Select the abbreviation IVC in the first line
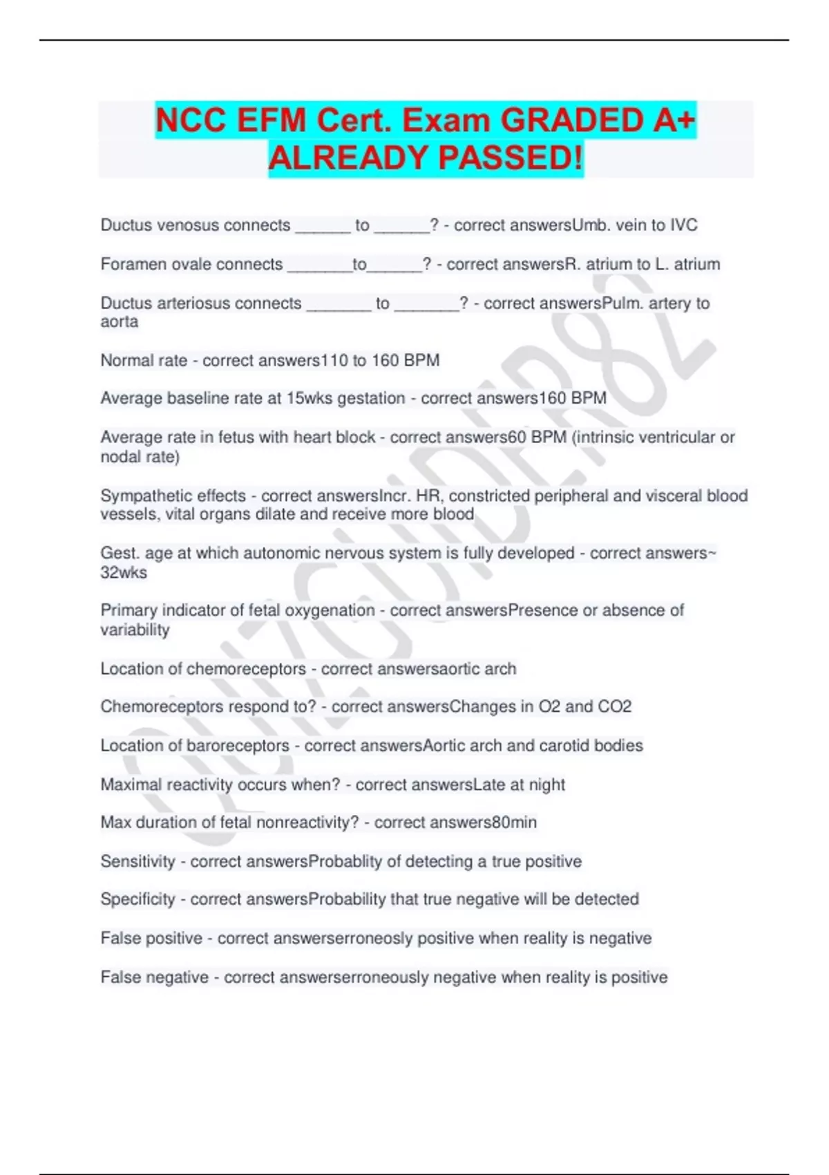click(683, 225)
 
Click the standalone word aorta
click(119, 322)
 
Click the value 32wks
click(124, 572)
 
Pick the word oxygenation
click(330, 610)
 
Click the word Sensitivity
click(138, 861)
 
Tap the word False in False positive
click(118, 938)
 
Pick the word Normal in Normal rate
click(125, 361)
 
